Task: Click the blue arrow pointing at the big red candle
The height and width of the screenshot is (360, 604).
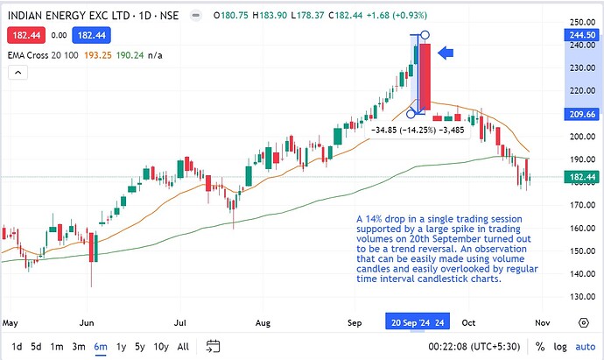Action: (x=446, y=53)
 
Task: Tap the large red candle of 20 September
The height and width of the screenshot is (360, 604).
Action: (x=425, y=77)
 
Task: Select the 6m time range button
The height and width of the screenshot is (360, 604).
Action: (x=101, y=347)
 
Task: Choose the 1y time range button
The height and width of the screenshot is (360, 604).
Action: (x=122, y=347)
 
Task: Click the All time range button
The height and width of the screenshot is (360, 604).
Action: (x=183, y=347)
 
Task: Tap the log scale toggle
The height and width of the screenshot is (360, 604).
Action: (x=560, y=347)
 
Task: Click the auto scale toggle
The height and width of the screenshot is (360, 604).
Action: (x=585, y=347)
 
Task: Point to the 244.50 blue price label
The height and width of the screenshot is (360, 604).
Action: (x=582, y=35)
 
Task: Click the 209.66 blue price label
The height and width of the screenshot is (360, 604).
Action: (x=582, y=114)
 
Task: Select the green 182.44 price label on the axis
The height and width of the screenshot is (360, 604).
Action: (x=582, y=177)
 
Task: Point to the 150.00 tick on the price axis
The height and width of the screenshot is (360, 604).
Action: (x=582, y=251)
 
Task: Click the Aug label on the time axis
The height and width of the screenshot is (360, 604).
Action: (x=263, y=323)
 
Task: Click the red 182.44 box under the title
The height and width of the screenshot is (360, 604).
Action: (x=26, y=35)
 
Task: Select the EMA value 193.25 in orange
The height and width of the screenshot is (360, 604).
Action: (x=98, y=55)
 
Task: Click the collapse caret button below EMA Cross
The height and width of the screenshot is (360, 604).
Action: (x=18, y=73)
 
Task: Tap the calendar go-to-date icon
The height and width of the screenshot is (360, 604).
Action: (x=213, y=346)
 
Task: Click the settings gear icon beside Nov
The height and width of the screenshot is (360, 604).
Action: (x=584, y=322)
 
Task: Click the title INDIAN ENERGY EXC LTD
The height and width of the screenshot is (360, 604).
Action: (x=68, y=16)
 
